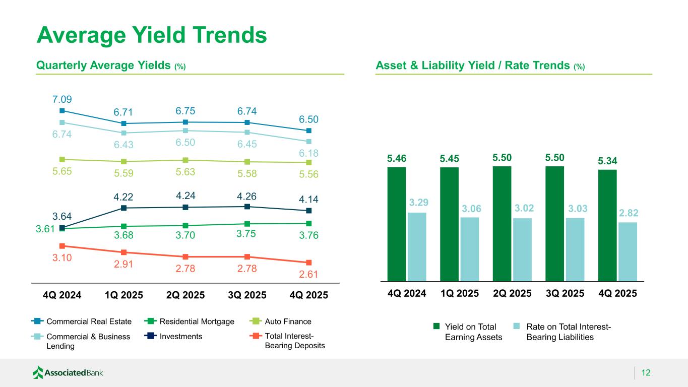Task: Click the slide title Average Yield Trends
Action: [x=152, y=35]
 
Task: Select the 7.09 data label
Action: [x=61, y=99]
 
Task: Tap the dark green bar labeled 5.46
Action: [x=397, y=224]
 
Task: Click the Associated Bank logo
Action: [x=68, y=373]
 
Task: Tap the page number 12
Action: [x=646, y=373]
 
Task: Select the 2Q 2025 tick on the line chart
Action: [x=185, y=295]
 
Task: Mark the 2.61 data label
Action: [x=308, y=274]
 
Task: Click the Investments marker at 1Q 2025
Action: [x=123, y=208]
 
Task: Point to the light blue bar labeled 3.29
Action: [x=417, y=246]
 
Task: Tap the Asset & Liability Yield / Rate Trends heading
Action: [x=480, y=66]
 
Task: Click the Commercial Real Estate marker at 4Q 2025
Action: [x=308, y=131]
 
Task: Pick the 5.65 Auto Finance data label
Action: [x=61, y=171]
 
